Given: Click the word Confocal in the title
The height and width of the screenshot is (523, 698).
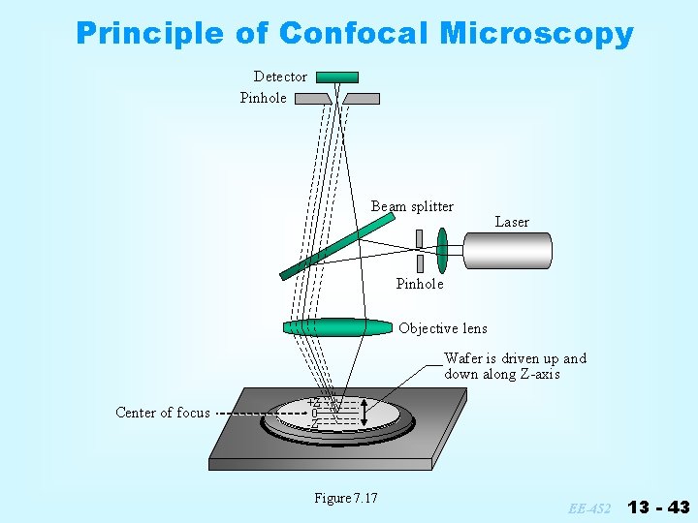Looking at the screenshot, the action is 354,34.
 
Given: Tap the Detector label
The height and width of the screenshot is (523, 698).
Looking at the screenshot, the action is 280,77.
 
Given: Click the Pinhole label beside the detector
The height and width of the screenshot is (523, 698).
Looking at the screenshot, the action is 264,98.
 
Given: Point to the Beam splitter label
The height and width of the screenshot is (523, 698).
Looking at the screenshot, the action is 412,206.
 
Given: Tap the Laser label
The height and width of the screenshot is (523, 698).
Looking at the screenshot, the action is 512,222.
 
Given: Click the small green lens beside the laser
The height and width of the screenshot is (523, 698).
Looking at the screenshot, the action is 443,250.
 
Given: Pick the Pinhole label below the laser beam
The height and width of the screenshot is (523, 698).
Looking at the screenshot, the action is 420,284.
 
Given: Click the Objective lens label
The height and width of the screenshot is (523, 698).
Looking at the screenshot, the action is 443,328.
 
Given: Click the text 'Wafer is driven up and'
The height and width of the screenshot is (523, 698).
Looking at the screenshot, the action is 515,358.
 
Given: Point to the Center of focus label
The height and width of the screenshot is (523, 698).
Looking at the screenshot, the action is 163,413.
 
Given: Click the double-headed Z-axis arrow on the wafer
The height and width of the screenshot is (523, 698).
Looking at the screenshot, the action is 363,414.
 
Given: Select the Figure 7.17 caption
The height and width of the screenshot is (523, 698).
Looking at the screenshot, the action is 346,498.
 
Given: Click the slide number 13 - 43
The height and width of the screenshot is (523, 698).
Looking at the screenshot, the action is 658,507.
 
